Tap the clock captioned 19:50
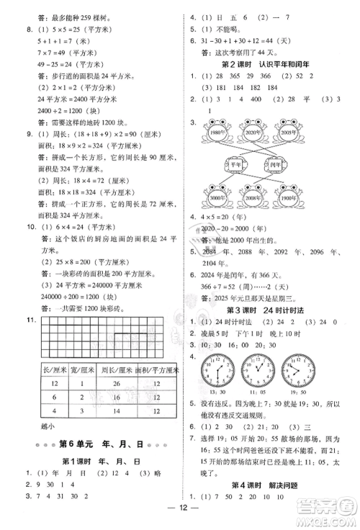pos(297,369)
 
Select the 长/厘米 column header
pos(55,370)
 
